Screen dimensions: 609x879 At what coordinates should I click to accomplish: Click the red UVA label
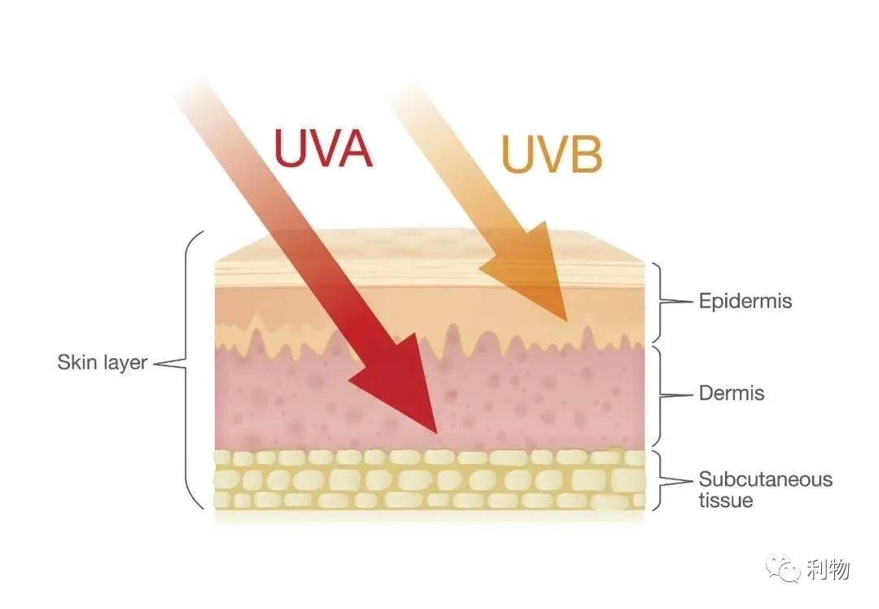pos(322,149)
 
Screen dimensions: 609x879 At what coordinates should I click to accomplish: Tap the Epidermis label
pos(745,301)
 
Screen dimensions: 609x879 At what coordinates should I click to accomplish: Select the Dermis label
pos(732,393)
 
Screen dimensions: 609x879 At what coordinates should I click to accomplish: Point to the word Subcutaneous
pos(765,479)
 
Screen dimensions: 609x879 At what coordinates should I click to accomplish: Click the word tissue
pos(725,500)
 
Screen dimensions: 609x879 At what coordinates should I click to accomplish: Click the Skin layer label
pos(102,362)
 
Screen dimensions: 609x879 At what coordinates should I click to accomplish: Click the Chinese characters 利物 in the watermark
pos(829,571)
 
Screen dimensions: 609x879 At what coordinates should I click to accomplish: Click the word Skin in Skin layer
pos(76,362)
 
